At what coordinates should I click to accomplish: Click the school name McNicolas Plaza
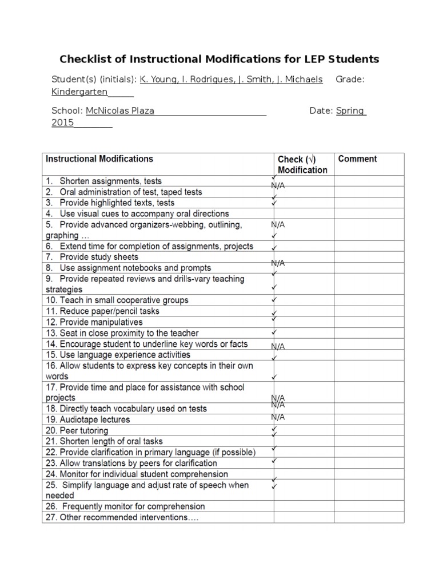120,111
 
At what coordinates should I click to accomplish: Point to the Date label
321,111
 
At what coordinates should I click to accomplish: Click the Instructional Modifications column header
99,159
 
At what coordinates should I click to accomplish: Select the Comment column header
357,159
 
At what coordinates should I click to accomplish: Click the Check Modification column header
302,164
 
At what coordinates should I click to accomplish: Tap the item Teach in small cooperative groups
117,300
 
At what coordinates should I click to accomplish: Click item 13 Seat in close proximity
122,333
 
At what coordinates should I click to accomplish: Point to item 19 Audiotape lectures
87,419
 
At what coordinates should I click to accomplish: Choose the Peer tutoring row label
77,430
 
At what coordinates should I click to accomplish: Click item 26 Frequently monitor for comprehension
125,506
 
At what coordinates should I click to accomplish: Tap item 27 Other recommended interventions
122,517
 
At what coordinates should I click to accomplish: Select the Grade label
349,80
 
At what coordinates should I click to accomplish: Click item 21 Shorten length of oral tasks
104,441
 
